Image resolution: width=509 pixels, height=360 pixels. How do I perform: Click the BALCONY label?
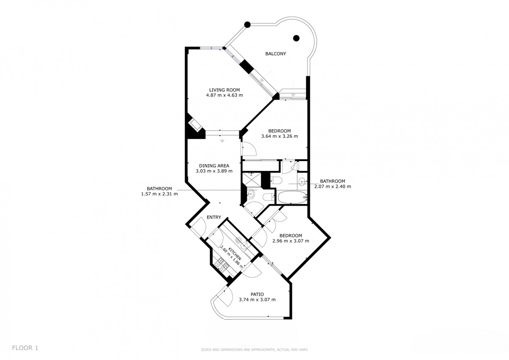pos(276,54)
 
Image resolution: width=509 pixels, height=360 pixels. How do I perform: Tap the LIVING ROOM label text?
pos(224,90)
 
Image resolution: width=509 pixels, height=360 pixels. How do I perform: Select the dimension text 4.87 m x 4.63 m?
pos(224,95)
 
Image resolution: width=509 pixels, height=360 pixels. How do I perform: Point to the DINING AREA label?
pos(214,166)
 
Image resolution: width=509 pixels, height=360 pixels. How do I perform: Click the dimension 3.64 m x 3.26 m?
pos(280,136)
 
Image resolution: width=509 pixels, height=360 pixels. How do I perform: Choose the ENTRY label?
pos(214,218)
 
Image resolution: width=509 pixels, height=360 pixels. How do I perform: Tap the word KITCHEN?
pos(235,254)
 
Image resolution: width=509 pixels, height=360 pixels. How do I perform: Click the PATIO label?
pos(257,294)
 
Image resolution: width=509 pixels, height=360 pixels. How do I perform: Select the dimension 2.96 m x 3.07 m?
pos(291,241)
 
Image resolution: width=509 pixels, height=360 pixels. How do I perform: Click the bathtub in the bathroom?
pos(291,197)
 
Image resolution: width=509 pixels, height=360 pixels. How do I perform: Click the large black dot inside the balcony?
pos(296,38)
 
